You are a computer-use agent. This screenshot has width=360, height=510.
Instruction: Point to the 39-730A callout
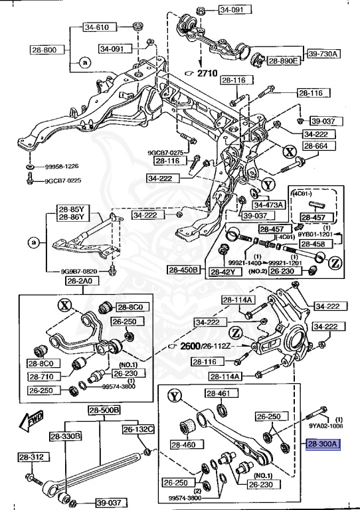click(x=323, y=54)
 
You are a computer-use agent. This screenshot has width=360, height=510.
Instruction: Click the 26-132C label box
click(x=137, y=430)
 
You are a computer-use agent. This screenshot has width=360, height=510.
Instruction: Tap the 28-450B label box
click(x=183, y=270)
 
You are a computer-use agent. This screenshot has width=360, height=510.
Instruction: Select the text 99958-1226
click(x=62, y=166)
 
